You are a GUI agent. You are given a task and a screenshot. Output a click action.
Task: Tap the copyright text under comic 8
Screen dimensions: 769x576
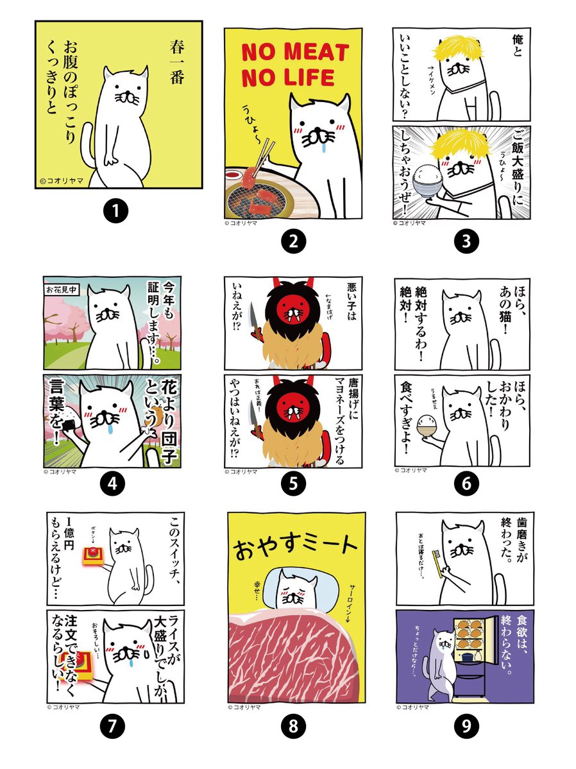243,709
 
